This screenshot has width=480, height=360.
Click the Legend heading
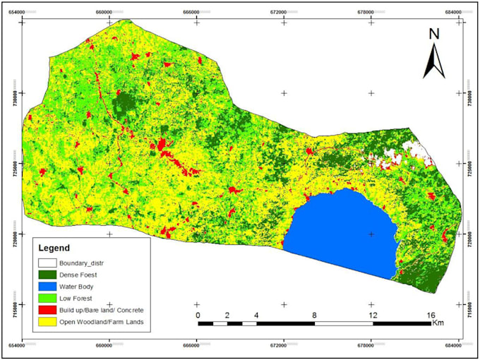point(54,248)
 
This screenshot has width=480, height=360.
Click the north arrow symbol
point(434,61)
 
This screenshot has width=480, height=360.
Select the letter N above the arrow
point(434,34)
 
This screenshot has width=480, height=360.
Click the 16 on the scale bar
point(431,315)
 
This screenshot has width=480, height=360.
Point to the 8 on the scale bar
point(314,315)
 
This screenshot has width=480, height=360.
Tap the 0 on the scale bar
point(198,315)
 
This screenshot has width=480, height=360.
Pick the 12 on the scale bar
point(372,315)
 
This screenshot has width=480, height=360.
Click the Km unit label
point(440,324)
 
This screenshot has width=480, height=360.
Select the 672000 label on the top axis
point(283,12)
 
